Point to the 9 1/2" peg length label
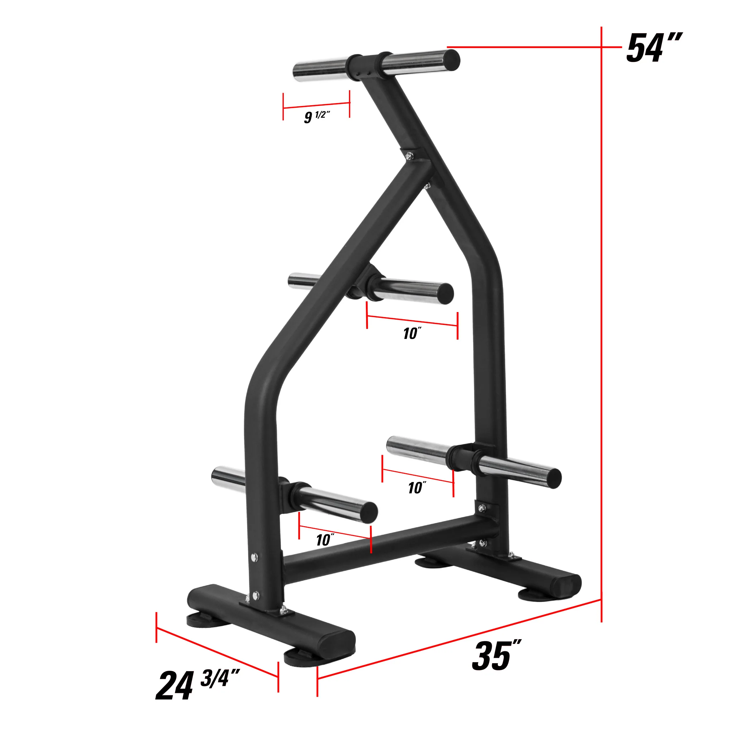click(317, 116)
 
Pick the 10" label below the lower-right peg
click(417, 487)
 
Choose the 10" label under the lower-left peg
click(325, 539)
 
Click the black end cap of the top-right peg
click(451, 59)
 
